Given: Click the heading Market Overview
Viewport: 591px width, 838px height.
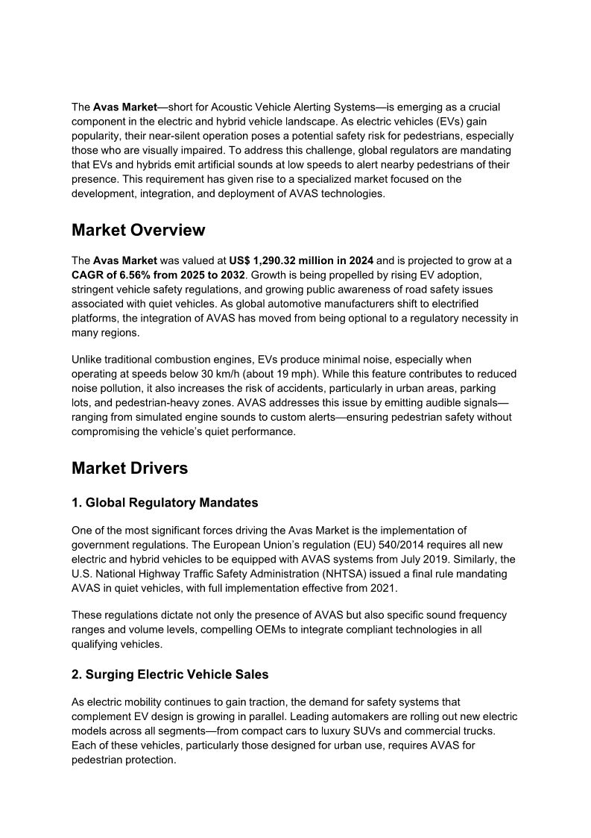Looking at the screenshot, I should [138, 231].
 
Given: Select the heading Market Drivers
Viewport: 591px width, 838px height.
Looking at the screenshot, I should [130, 469].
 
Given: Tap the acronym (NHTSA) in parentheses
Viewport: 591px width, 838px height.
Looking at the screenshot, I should [325, 574].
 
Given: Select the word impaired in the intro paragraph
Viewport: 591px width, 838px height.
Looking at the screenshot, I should [195, 150].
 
